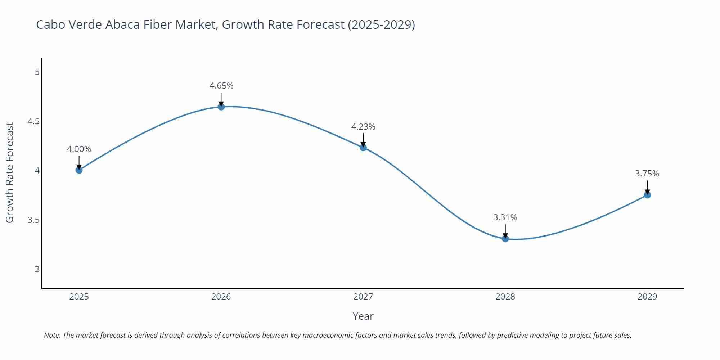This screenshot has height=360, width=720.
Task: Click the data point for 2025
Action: point(79,170)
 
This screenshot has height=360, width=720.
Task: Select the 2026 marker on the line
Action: point(221,107)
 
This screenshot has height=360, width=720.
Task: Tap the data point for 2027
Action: point(363,147)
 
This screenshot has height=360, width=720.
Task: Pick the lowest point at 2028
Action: point(505,238)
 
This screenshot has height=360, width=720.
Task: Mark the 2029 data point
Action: point(647,195)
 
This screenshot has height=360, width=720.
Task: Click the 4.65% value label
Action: point(221,86)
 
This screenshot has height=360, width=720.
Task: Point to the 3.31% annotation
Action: point(505,217)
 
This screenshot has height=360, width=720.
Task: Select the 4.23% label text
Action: point(363,127)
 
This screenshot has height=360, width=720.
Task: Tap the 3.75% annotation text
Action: point(647,174)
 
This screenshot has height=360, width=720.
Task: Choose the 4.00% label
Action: point(79,149)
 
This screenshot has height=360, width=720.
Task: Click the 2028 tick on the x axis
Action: point(505,297)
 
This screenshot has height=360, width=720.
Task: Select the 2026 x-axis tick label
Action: point(221,297)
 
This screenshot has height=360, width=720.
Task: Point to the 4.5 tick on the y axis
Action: point(33,121)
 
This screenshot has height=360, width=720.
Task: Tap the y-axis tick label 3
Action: point(37,269)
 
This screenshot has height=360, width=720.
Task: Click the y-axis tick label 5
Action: point(37,72)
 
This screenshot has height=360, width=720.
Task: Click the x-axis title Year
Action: point(363,316)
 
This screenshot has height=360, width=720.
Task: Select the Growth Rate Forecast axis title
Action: point(10,172)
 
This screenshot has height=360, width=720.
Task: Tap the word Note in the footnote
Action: point(52,335)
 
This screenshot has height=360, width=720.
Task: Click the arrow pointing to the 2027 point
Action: point(363,140)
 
